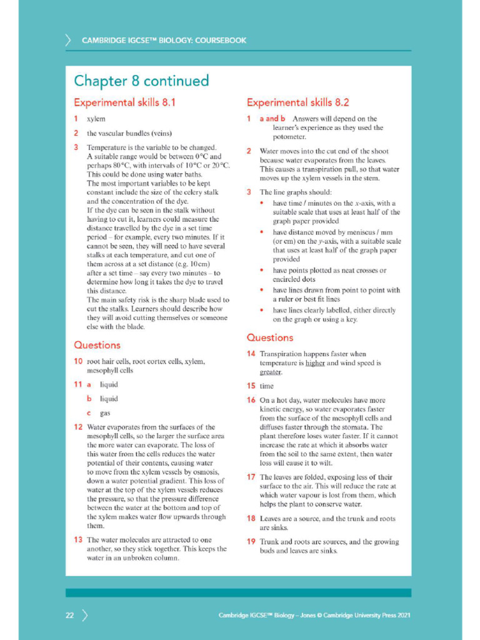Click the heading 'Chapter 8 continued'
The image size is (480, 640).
point(141,81)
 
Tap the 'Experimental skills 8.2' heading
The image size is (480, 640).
point(297,102)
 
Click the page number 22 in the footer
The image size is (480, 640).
point(69,616)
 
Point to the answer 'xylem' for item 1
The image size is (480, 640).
point(96,119)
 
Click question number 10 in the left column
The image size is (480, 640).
point(77,361)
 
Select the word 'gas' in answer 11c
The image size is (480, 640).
point(105,413)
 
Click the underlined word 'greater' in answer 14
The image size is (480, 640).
point(271,372)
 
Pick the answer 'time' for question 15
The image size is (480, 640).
point(267,386)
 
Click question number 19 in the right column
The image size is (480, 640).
point(251,542)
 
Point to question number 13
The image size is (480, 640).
point(77,539)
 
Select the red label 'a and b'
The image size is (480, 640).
point(272,119)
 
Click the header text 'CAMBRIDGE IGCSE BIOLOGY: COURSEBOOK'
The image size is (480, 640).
point(164,41)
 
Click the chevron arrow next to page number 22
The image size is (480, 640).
point(84,616)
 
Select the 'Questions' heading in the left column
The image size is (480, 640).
point(97,345)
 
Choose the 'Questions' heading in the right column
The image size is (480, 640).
point(269,337)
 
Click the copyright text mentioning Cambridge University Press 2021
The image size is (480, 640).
point(314,616)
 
